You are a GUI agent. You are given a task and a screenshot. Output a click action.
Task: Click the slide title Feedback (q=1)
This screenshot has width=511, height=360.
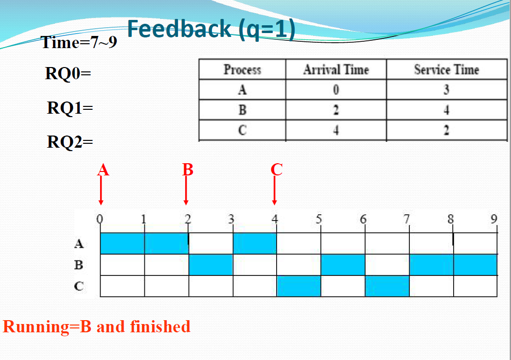(x=211, y=29)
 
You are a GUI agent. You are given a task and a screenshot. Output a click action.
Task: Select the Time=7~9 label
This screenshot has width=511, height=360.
(x=79, y=43)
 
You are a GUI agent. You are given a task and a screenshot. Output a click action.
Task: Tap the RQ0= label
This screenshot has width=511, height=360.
(x=68, y=74)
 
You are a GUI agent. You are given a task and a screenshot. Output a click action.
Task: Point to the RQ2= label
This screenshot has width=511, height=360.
(x=70, y=142)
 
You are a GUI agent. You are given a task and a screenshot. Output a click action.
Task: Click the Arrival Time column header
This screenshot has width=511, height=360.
(x=336, y=70)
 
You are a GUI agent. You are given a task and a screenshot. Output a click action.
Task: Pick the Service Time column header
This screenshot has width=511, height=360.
(x=446, y=70)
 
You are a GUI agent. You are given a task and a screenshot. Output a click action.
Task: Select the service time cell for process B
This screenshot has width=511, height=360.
(x=446, y=110)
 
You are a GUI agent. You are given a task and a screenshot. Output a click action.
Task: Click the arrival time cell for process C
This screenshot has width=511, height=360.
(x=336, y=131)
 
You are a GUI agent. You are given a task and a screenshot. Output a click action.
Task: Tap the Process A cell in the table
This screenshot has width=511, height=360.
(x=242, y=90)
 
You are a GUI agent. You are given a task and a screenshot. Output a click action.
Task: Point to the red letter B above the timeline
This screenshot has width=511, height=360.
(x=188, y=170)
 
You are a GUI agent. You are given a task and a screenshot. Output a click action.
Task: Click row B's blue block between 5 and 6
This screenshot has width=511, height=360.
(x=343, y=265)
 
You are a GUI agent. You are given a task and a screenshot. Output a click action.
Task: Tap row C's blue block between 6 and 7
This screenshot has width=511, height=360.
(x=387, y=286)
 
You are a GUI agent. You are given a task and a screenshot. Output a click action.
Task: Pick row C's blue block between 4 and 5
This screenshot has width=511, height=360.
(x=299, y=286)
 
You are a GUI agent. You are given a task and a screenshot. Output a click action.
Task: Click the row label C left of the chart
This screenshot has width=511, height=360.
(x=79, y=286)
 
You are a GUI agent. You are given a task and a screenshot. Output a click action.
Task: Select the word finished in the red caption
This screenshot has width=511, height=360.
(x=160, y=326)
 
